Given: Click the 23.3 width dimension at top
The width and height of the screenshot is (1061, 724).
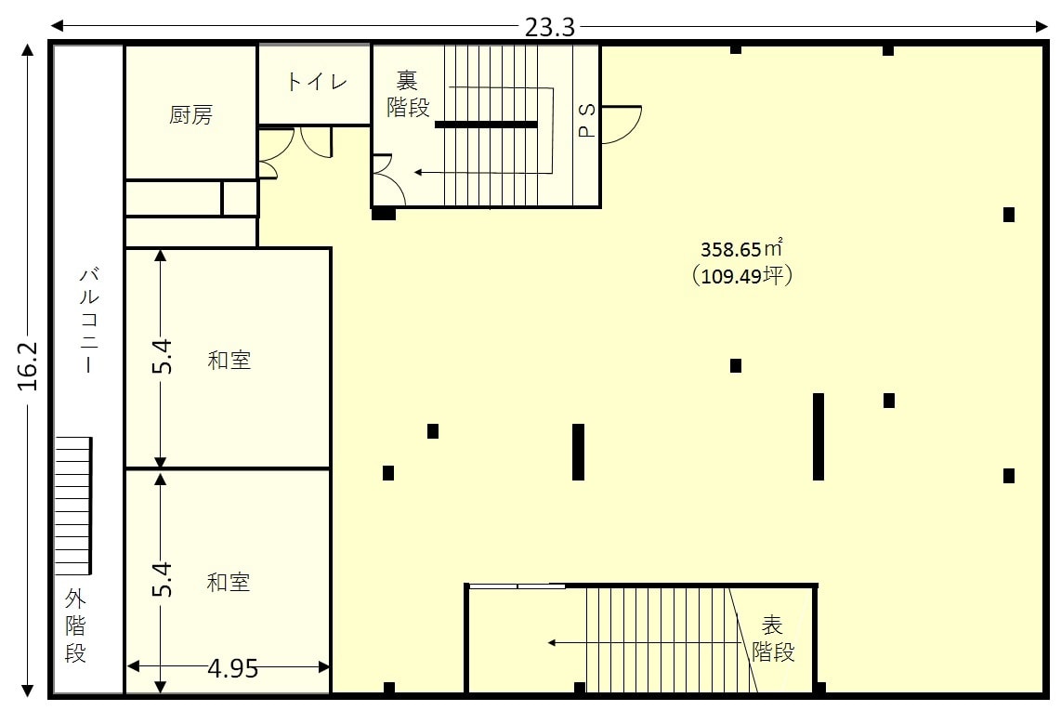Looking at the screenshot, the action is [x=549, y=27].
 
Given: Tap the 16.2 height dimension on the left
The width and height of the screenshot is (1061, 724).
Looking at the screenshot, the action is [x=28, y=366].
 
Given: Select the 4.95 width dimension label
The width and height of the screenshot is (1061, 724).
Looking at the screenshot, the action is [x=233, y=668].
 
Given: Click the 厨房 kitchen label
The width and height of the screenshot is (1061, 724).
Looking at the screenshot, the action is [x=190, y=114].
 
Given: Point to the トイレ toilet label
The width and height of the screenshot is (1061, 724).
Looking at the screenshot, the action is [x=317, y=82].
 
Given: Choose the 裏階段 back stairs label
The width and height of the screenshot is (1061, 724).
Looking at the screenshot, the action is [x=408, y=94].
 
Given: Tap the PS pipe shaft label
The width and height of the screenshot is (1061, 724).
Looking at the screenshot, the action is [x=587, y=121].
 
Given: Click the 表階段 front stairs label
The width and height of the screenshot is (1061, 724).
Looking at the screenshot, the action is [x=773, y=638].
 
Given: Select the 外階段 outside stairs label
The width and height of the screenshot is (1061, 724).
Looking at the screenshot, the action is [x=76, y=625].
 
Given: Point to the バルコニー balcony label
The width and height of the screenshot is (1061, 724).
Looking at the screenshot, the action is [x=89, y=320].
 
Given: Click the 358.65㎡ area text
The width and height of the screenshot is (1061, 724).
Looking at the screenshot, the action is [x=741, y=248].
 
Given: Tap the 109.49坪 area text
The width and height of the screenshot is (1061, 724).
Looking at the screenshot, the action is [x=742, y=275].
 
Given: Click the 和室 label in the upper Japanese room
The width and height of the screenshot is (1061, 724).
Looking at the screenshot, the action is [x=229, y=360].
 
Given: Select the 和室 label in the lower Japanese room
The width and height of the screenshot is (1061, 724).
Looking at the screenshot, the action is [x=229, y=582].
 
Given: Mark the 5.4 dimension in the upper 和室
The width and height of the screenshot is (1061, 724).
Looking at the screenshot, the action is [x=162, y=357].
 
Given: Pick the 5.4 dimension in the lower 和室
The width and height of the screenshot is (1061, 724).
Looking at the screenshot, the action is [x=162, y=579].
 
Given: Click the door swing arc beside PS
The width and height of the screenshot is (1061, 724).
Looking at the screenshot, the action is [x=635, y=131].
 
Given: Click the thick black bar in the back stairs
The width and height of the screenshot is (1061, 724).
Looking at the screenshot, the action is [x=486, y=125].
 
